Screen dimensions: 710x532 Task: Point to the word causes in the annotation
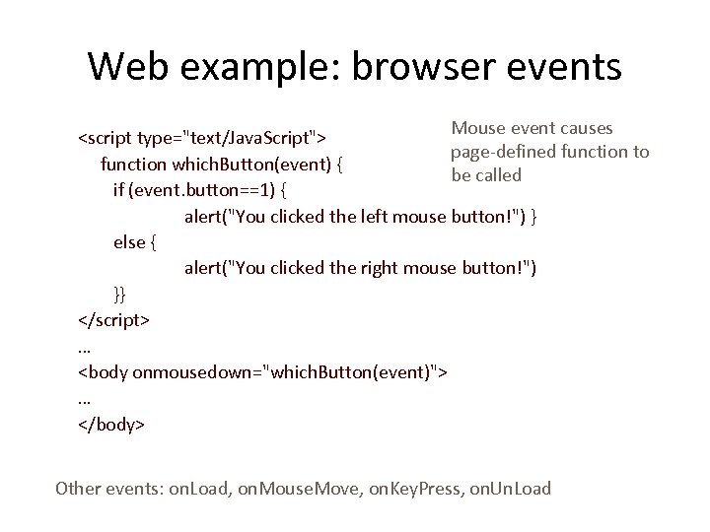point(582,128)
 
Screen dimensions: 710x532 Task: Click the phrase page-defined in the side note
point(497,152)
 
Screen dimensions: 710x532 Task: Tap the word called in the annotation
point(498,175)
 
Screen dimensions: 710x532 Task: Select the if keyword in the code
point(119,188)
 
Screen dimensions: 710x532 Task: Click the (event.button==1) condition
point(200,188)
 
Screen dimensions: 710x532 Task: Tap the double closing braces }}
point(119,294)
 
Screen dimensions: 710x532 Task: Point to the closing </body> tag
point(110,425)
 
